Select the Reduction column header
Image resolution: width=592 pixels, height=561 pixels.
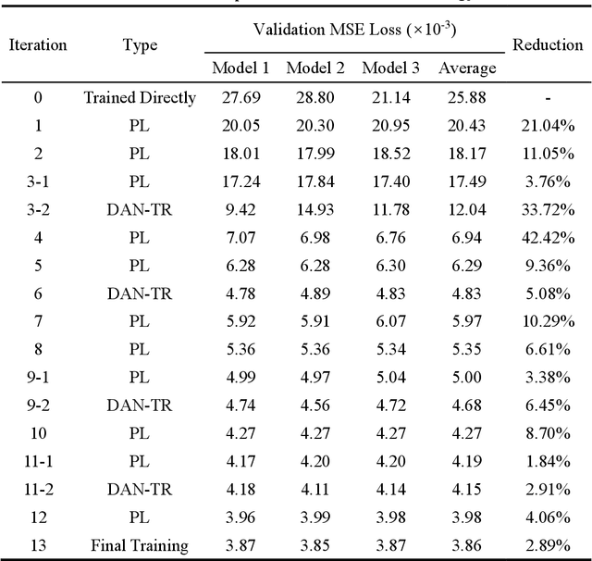(x=548, y=44)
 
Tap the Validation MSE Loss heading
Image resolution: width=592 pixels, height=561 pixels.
(x=355, y=30)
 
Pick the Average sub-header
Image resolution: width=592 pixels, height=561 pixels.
(x=466, y=68)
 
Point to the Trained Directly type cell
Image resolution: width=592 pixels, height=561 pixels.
(x=140, y=97)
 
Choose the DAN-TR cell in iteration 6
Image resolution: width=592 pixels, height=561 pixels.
(x=139, y=295)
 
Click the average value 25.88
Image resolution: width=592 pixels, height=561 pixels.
(x=466, y=97)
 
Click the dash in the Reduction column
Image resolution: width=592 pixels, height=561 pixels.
(x=548, y=97)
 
